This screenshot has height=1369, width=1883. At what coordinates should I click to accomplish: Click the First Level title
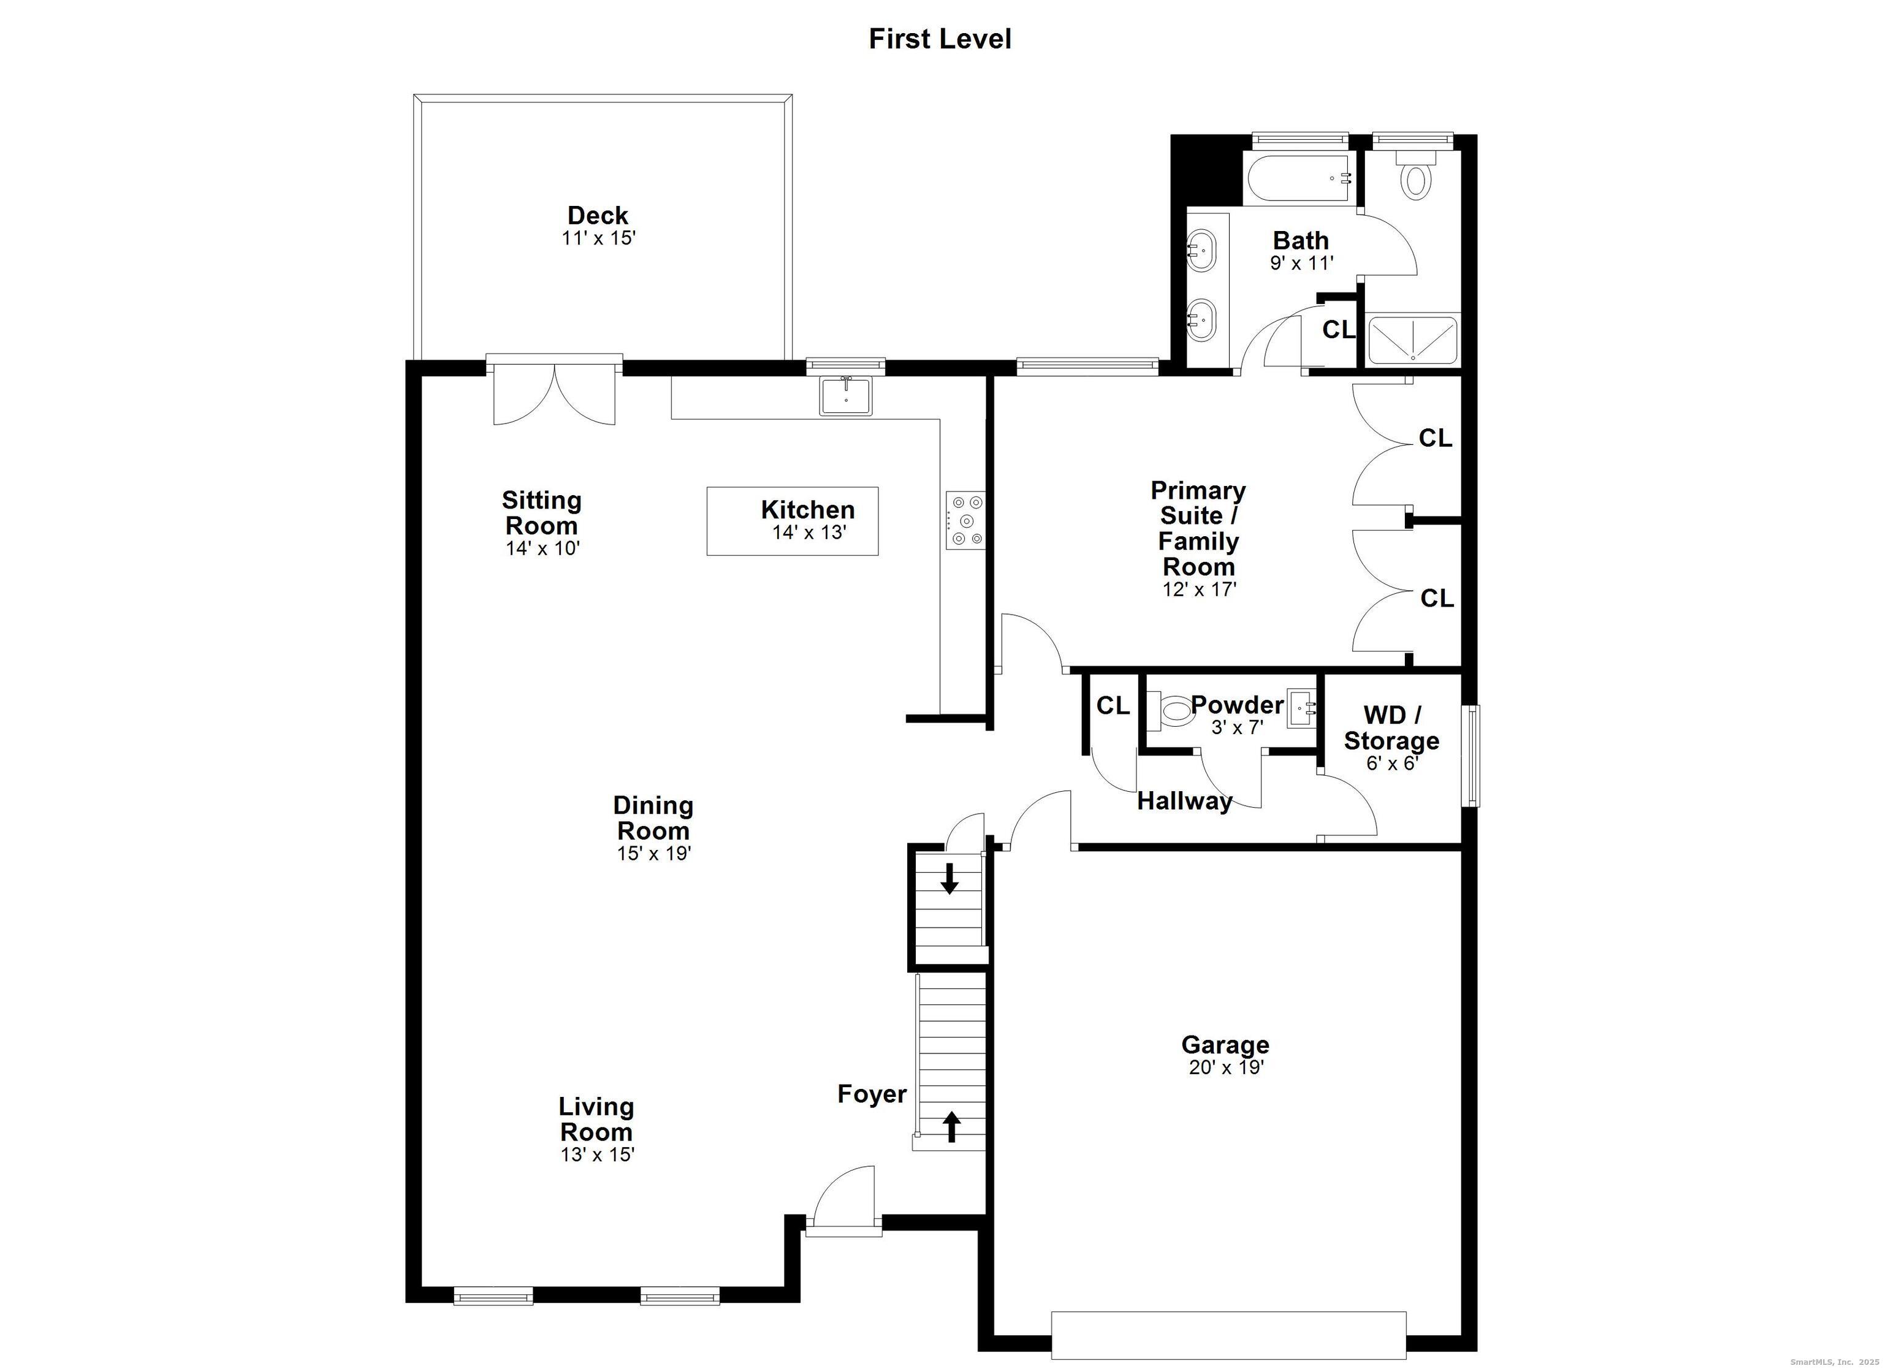[x=940, y=39]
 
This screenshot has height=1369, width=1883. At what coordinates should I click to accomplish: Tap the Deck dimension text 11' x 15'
[x=598, y=238]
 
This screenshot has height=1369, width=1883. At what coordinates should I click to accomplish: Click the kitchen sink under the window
[x=845, y=396]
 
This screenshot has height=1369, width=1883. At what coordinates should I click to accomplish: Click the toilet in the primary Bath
[x=1415, y=178]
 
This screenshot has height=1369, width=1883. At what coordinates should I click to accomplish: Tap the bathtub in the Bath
[x=1300, y=178]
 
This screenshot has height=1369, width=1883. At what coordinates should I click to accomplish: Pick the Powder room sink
[x=1302, y=708]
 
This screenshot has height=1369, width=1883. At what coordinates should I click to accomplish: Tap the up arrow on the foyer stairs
[x=951, y=1126]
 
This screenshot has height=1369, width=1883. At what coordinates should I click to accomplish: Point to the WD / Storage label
[x=1391, y=727]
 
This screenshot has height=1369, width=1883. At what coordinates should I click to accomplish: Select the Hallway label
[x=1184, y=801]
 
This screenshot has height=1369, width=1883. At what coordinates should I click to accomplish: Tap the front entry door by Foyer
[x=845, y=1200]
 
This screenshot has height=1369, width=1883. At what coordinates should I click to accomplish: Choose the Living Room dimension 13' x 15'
[x=597, y=1155]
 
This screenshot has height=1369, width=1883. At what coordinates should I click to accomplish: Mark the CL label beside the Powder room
[x=1113, y=706]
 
